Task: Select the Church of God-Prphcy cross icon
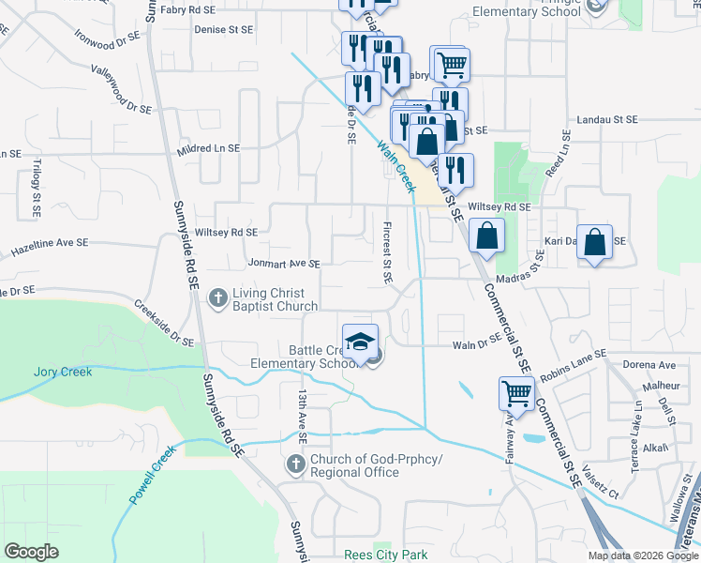point(295,464)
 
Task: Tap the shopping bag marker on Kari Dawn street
point(595,243)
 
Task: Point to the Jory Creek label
point(63,372)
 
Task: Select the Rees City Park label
point(385,555)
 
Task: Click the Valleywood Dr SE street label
point(121,89)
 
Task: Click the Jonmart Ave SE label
point(285,264)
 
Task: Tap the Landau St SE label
point(606,120)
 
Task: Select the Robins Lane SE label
point(573,362)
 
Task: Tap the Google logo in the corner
point(32,552)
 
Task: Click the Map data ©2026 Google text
point(642,555)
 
